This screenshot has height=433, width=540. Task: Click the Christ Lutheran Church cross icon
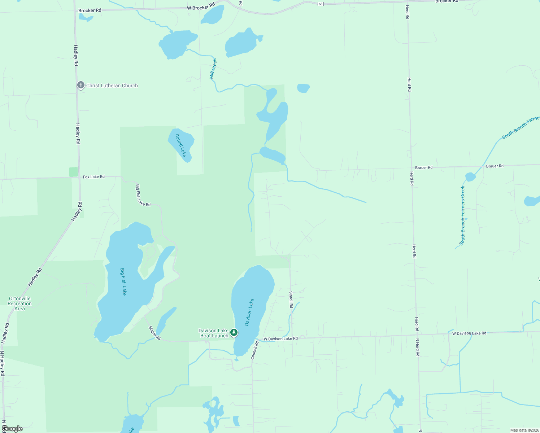point(81,86)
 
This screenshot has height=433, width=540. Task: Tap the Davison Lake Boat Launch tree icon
point(234,332)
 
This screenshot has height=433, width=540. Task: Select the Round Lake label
point(180,145)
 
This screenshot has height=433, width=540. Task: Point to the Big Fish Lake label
point(123,282)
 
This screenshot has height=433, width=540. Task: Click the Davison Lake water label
point(249,312)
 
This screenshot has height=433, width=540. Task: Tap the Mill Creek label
point(213,69)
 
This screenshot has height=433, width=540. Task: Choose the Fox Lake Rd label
point(93,177)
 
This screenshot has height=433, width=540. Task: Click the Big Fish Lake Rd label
point(143,196)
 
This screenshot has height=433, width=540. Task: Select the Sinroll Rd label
point(291,300)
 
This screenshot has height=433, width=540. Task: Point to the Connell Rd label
point(255,350)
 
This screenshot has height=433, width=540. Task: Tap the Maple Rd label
point(154,333)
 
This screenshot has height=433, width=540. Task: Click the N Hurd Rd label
point(418,347)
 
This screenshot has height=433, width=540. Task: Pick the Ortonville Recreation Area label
point(20,303)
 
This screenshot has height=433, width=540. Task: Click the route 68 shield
point(321,4)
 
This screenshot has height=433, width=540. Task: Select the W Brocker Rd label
point(201,6)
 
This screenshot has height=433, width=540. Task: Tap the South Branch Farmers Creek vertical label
point(463,216)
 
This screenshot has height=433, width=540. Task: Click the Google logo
point(12,429)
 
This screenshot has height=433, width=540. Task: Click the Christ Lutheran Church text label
point(112,86)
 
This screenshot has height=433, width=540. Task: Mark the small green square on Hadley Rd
point(73,172)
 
